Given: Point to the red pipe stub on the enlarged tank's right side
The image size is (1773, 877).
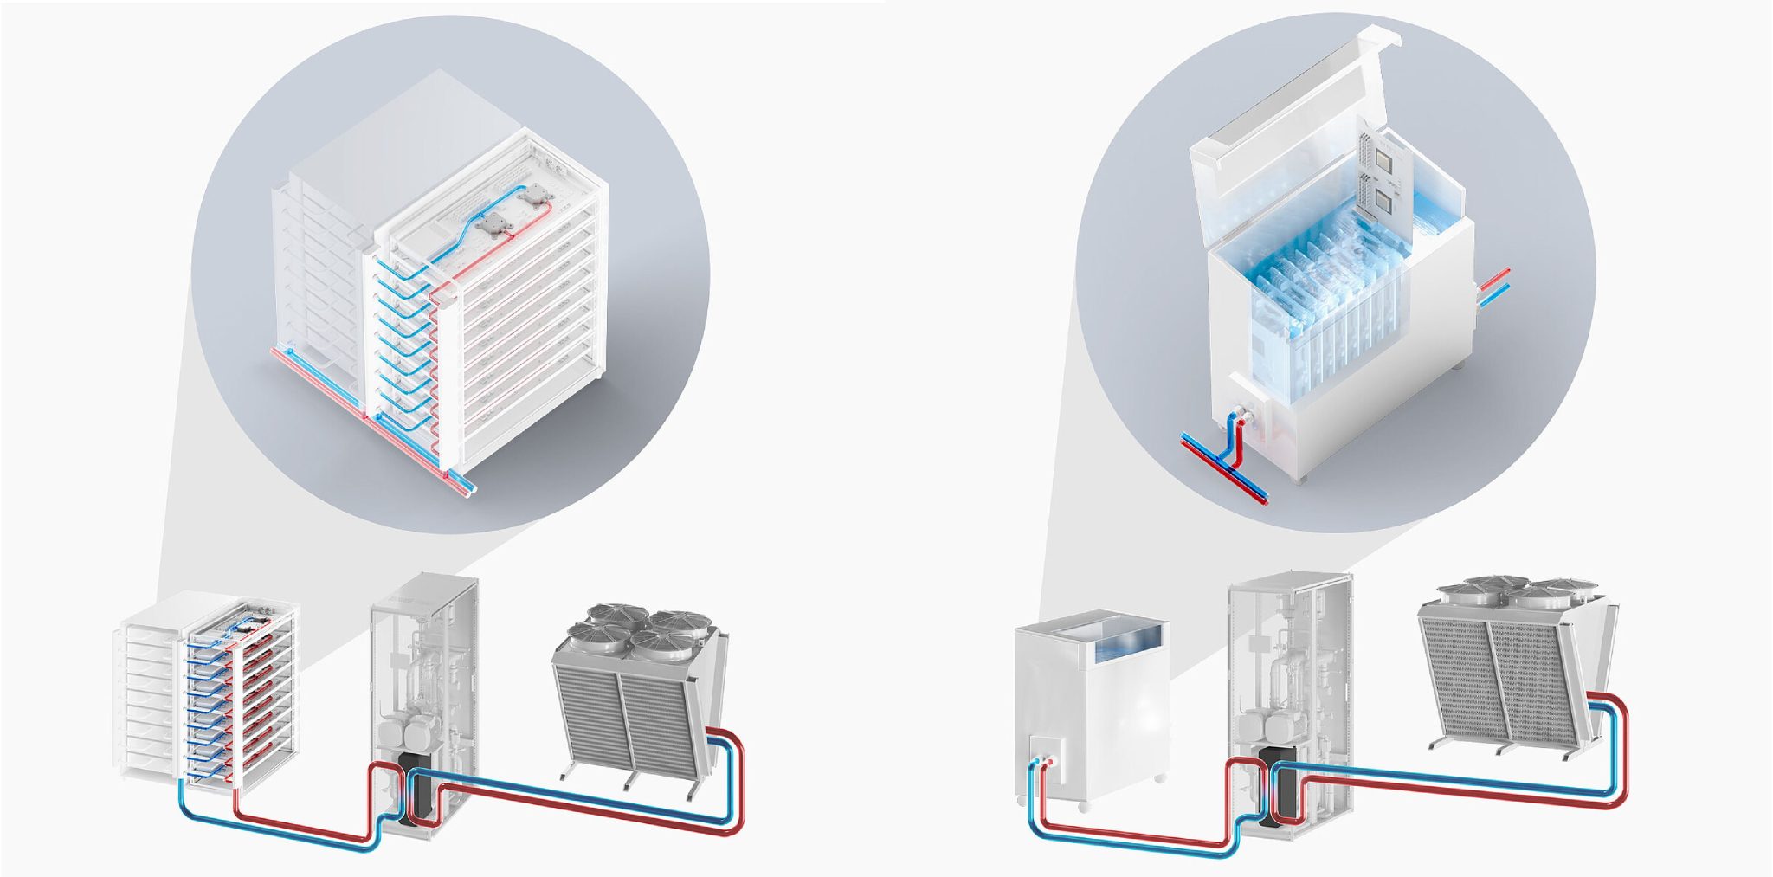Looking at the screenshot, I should [1495, 279].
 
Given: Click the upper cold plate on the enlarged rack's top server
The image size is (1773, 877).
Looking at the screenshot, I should [532, 197].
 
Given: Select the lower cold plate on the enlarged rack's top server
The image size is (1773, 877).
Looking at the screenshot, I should [494, 223].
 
